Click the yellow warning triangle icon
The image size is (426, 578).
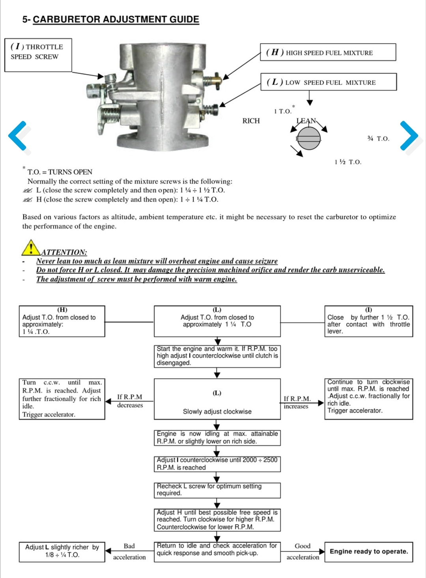30,247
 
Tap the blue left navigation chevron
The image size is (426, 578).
18,136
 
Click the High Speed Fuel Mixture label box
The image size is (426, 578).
328,52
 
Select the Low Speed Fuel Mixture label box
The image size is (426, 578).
328,82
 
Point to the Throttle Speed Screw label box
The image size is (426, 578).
38,55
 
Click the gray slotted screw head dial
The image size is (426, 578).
309,138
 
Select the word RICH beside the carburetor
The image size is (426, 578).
251,121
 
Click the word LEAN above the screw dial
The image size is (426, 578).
306,121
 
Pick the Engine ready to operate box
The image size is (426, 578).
368,552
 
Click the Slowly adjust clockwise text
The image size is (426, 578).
217,412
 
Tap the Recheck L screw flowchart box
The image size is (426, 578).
217,490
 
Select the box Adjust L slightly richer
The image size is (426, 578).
62,551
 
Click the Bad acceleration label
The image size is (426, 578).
129,552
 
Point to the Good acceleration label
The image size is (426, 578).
303,552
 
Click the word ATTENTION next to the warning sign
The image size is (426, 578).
64,252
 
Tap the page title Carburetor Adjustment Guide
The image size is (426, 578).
116,19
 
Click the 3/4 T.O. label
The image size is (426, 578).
378,138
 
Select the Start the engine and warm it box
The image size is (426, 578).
217,356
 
